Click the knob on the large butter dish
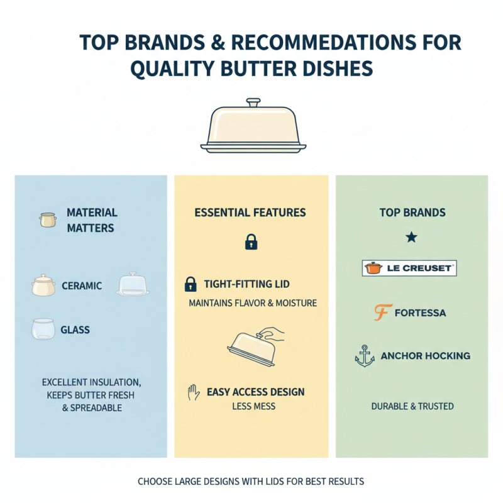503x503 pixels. click(253, 103)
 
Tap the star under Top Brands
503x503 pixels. click(412, 238)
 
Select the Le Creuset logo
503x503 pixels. click(409, 268)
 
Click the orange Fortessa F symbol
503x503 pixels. click(383, 312)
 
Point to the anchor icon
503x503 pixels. click(365, 356)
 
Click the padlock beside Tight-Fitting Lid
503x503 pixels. click(191, 284)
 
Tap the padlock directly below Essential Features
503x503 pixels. click(251, 242)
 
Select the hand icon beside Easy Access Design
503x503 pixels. click(194, 392)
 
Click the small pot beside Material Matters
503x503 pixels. click(48, 220)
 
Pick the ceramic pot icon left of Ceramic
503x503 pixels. click(43, 285)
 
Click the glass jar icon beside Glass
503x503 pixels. click(43, 329)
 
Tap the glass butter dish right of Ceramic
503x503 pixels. click(133, 284)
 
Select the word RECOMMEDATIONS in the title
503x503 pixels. click(323, 42)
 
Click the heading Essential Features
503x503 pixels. click(250, 213)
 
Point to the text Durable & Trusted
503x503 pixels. click(412, 406)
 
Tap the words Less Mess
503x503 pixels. click(254, 406)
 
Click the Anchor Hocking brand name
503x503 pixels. click(426, 356)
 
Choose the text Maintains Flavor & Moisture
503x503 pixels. click(253, 303)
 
